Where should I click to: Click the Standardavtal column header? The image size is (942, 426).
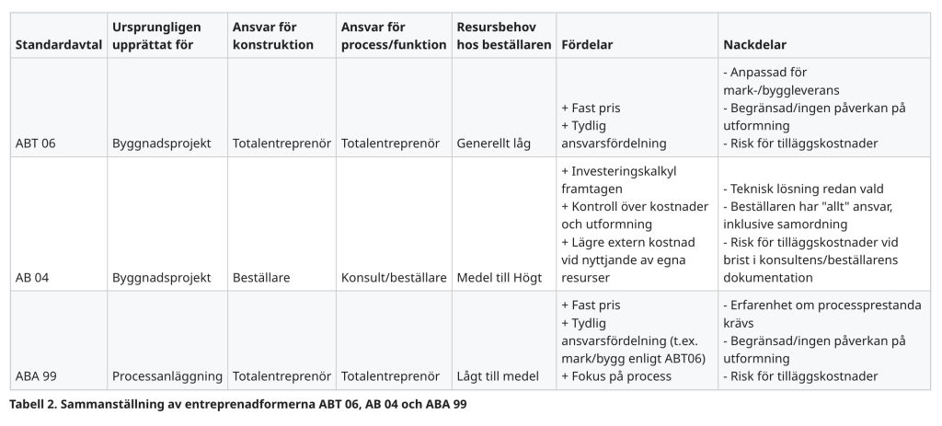tap(57, 44)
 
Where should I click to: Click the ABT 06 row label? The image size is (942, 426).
tap(36, 144)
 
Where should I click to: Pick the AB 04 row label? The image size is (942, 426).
tap(32, 277)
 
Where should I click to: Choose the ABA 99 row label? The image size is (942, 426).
tap(36, 376)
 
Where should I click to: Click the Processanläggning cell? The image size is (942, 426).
tap(167, 376)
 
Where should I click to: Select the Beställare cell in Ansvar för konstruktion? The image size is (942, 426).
tap(262, 277)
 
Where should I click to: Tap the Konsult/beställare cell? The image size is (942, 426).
tap(394, 277)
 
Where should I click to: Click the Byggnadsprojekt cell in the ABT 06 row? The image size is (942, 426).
tap(162, 144)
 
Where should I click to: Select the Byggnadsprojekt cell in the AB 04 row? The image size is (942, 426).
tap(162, 277)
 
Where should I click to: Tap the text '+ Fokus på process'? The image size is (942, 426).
tap(616, 376)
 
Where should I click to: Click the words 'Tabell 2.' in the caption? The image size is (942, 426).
tap(34, 403)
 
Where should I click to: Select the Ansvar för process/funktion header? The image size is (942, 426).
tap(394, 36)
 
